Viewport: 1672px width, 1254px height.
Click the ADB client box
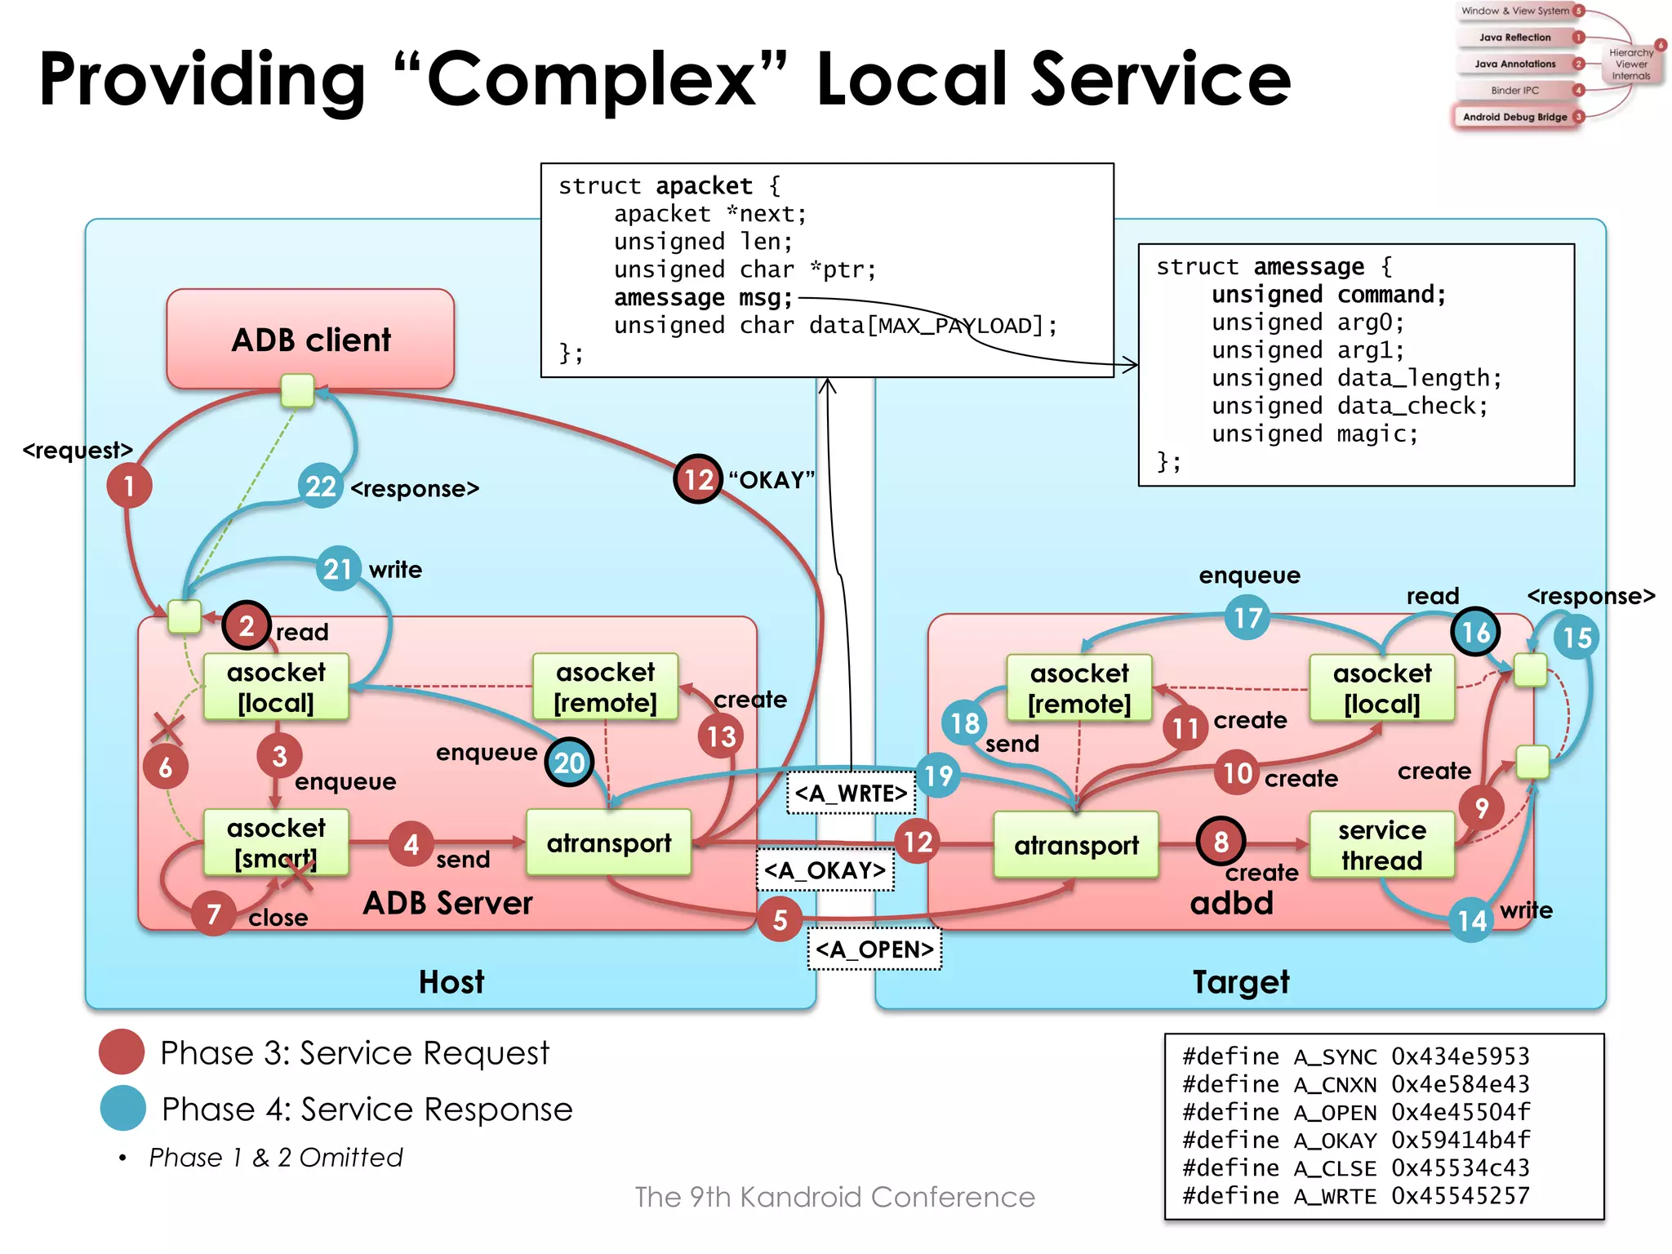coord(310,339)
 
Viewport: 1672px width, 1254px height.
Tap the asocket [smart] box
coord(276,843)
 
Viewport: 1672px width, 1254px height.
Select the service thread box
coord(1381,845)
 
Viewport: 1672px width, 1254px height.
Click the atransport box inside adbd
coord(1076,845)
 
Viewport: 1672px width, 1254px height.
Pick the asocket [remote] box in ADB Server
coord(605,687)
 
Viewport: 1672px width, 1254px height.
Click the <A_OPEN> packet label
coord(874,949)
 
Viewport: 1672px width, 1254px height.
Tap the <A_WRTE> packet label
coord(851,793)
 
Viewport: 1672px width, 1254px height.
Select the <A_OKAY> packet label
coord(825,870)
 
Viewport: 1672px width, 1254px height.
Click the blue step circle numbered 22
coord(320,487)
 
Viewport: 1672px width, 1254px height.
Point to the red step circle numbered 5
coord(780,920)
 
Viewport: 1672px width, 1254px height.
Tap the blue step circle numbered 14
coord(1472,921)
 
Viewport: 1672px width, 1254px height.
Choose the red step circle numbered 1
coord(129,486)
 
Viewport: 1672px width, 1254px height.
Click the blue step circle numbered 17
coord(1247,618)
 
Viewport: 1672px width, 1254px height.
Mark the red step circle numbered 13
coord(721,736)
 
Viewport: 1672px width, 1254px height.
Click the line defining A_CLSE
coord(1355,1167)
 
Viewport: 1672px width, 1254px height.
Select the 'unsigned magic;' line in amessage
coord(1314,434)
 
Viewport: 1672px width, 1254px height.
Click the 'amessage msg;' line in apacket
coord(703,298)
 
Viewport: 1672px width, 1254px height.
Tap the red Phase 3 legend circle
coord(122,1052)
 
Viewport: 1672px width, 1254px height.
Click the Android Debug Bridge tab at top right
coord(1514,117)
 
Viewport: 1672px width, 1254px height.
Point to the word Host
coord(451,981)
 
